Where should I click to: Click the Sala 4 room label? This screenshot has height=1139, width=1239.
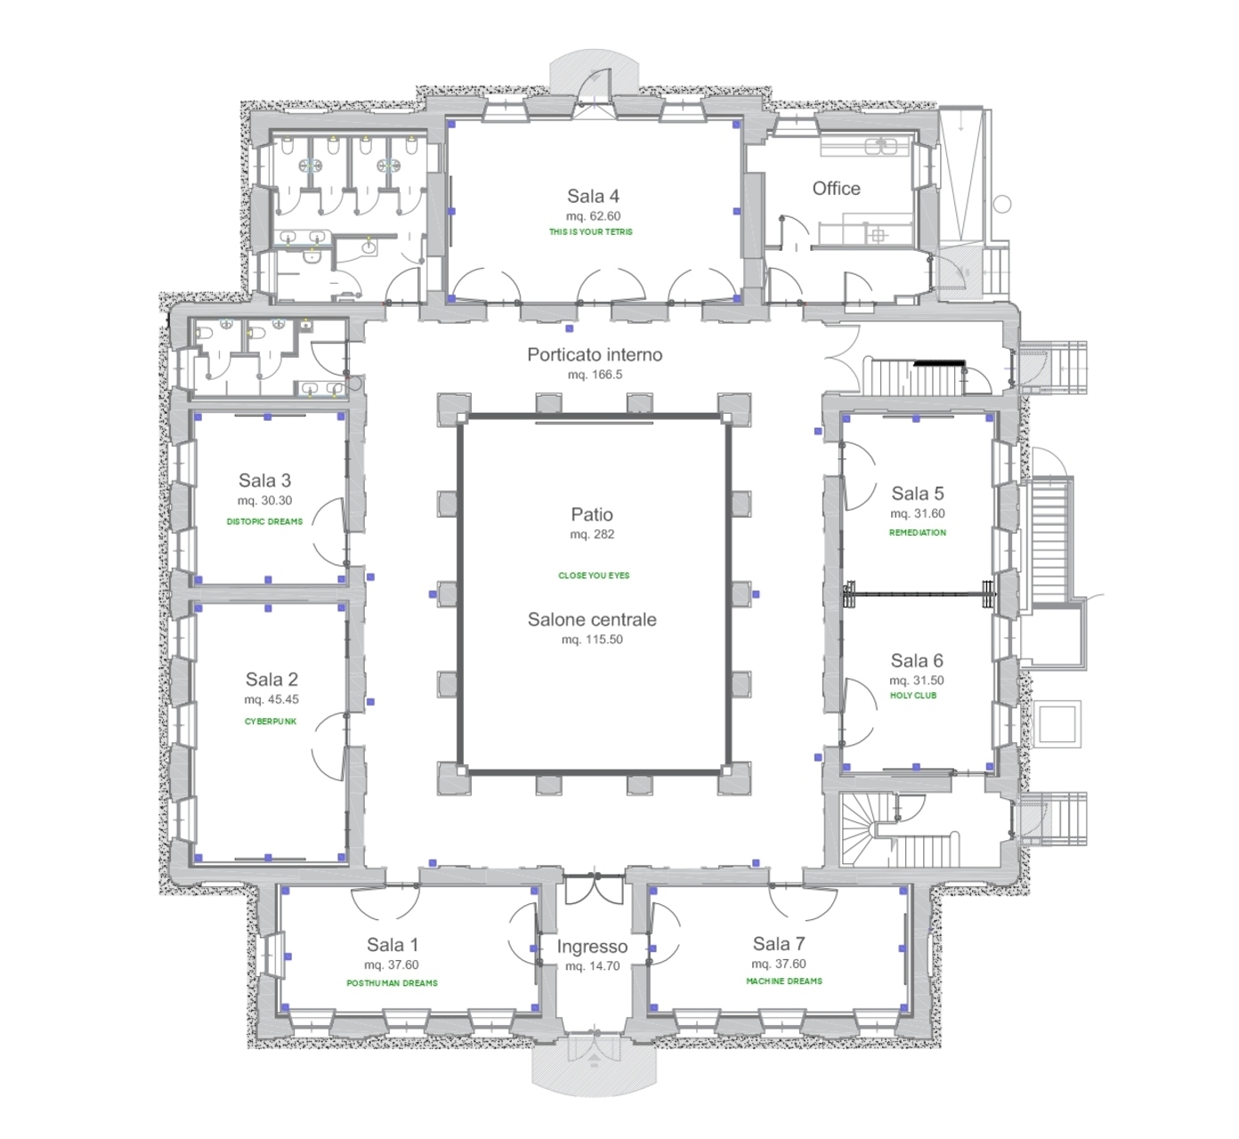coord(593,197)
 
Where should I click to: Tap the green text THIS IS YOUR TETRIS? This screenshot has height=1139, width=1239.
coord(591,232)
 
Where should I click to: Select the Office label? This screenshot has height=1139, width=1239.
coord(837,189)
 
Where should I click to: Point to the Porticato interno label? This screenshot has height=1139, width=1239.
coord(595,354)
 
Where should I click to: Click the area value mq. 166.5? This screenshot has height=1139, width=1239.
coord(595,375)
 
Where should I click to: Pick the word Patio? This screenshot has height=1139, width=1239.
coord(592,514)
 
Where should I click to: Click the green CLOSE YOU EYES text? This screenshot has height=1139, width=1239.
coord(595,576)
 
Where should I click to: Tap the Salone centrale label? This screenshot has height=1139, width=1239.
coord(592,619)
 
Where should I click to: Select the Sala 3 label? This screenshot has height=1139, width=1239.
coord(264,481)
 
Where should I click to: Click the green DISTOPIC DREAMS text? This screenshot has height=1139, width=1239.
coord(265,522)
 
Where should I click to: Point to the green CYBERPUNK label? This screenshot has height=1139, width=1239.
coord(271,722)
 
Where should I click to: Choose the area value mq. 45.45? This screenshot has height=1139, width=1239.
coord(271,699)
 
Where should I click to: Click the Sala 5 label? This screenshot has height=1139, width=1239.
coord(917,494)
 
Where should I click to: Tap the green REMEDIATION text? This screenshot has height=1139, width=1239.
coord(918,532)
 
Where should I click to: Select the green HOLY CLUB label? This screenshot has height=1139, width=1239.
coord(913,696)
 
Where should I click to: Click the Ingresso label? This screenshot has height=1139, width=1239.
coord(592,947)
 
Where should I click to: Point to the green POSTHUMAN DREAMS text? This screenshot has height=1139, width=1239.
coord(393,983)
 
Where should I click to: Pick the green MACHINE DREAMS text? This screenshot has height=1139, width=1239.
coord(784,981)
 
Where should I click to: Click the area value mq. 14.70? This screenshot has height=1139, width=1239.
coord(592,966)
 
